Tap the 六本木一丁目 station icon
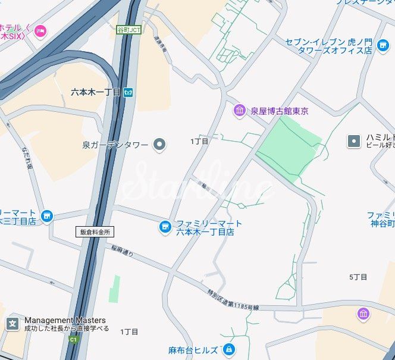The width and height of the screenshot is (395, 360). click(x=129, y=92)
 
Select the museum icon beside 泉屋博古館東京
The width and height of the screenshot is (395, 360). click(x=239, y=110)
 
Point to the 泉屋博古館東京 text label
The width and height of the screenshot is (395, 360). click(x=279, y=111)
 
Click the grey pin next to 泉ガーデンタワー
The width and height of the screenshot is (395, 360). click(x=159, y=144)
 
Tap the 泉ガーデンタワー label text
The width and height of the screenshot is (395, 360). click(x=116, y=144)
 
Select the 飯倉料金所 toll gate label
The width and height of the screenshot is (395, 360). click(x=95, y=232)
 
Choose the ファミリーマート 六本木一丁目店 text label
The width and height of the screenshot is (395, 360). click(x=209, y=227)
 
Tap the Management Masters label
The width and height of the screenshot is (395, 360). click(x=65, y=320)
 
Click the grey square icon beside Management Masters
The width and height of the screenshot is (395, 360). click(x=12, y=324)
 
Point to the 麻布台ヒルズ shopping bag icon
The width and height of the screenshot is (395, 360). click(x=228, y=350)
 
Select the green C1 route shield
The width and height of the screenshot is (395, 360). click(x=73, y=340)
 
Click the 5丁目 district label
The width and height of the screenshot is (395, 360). click(x=358, y=277)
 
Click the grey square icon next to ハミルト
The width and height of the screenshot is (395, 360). click(x=354, y=141)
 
